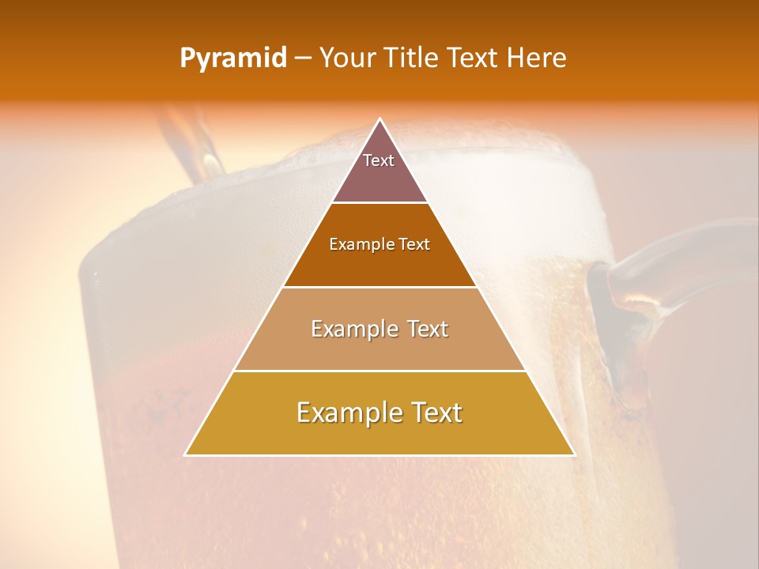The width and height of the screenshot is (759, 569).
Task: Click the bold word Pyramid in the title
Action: point(233,58)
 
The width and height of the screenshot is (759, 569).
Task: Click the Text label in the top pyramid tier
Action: point(379,160)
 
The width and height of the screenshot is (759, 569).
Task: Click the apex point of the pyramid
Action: point(380,119)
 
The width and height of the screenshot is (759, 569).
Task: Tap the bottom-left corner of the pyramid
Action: point(186,454)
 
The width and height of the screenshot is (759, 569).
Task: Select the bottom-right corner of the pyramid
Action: point(574,454)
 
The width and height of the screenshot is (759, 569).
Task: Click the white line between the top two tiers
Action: point(379,203)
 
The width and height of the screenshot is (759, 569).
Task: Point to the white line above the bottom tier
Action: point(379,371)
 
